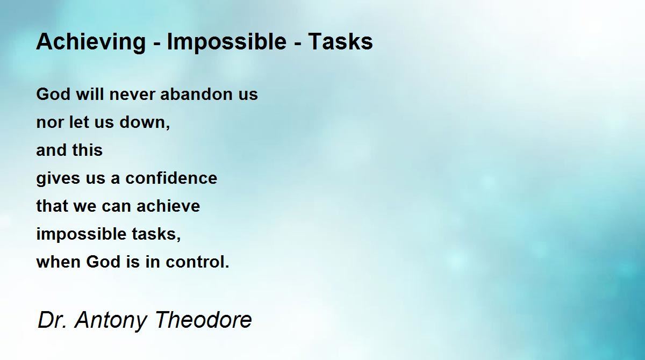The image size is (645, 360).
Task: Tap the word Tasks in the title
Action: point(340,41)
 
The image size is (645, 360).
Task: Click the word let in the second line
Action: point(76,123)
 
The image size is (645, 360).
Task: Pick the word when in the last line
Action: point(57,262)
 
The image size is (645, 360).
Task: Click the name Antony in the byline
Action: point(110,320)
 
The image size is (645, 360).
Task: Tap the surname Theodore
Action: point(203,320)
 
